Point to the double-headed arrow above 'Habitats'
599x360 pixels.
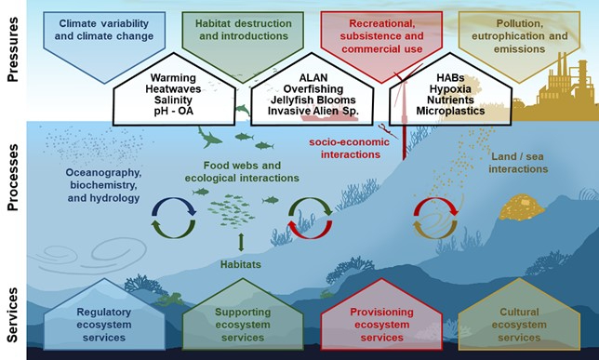[x=241, y=244]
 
